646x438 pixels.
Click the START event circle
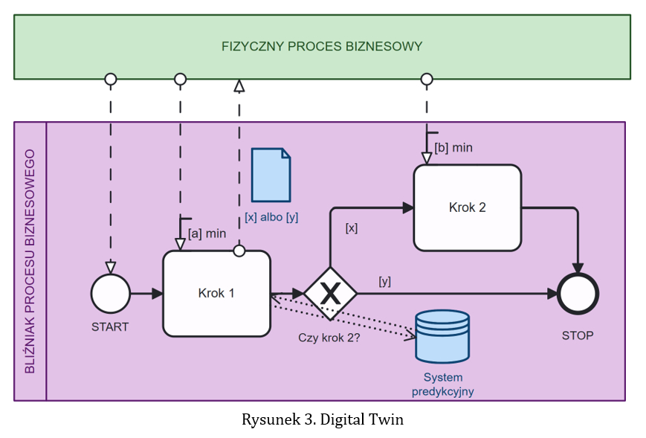click(x=110, y=294)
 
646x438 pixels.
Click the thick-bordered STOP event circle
click(x=578, y=294)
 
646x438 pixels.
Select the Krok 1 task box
click(x=216, y=293)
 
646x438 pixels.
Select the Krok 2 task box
click(x=467, y=207)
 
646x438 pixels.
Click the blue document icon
click(x=271, y=175)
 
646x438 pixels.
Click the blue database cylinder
click(x=442, y=335)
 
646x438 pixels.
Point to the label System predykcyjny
click(x=443, y=384)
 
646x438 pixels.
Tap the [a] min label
click(x=207, y=234)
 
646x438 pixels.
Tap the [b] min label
click(x=453, y=147)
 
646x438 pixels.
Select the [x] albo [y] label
click(x=271, y=217)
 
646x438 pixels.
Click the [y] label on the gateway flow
click(x=384, y=281)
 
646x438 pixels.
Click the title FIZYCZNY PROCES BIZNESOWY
click(x=321, y=46)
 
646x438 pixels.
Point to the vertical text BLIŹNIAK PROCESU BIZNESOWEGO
click(x=30, y=261)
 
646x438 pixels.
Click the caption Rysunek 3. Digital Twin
click(x=322, y=419)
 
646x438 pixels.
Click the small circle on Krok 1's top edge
click(x=239, y=251)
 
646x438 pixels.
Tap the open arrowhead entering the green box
click(x=239, y=86)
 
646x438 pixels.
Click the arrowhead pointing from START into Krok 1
click(x=157, y=294)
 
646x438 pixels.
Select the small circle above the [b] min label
click(x=426, y=79)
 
